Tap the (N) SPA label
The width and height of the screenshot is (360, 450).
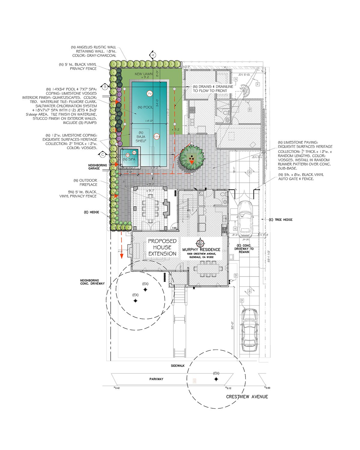pos(129,159)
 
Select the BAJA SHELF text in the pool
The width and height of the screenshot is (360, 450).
pos(141,136)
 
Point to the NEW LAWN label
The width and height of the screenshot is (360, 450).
pos(143,74)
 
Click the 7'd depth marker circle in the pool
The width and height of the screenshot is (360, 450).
pos(150,94)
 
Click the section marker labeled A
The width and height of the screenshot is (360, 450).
pos(152,55)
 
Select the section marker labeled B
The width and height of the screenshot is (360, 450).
pos(105,87)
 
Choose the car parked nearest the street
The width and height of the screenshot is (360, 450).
pos(249,330)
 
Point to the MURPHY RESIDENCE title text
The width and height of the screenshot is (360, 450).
pos(201,250)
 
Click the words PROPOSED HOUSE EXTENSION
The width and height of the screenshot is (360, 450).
pos(162,247)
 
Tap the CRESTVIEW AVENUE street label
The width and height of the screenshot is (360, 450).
pos(247,397)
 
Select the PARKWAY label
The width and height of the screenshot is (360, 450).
pos(156,379)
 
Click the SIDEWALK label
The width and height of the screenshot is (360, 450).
pos(178,366)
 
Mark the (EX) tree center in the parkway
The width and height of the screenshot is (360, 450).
pos(216,379)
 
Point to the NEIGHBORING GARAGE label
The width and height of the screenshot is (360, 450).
pos(97,167)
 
